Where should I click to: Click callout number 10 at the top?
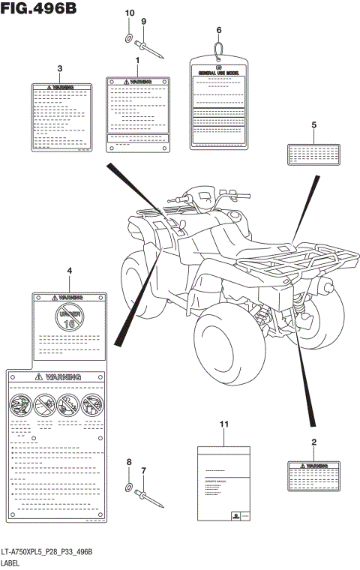click(128, 13)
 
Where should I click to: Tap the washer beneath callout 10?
click(128, 37)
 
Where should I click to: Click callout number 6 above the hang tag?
click(219, 30)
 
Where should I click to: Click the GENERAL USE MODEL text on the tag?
click(218, 73)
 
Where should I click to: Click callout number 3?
click(59, 69)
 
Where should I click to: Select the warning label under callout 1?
click(137, 112)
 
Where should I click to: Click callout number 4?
click(69, 270)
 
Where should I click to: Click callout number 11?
click(223, 425)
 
